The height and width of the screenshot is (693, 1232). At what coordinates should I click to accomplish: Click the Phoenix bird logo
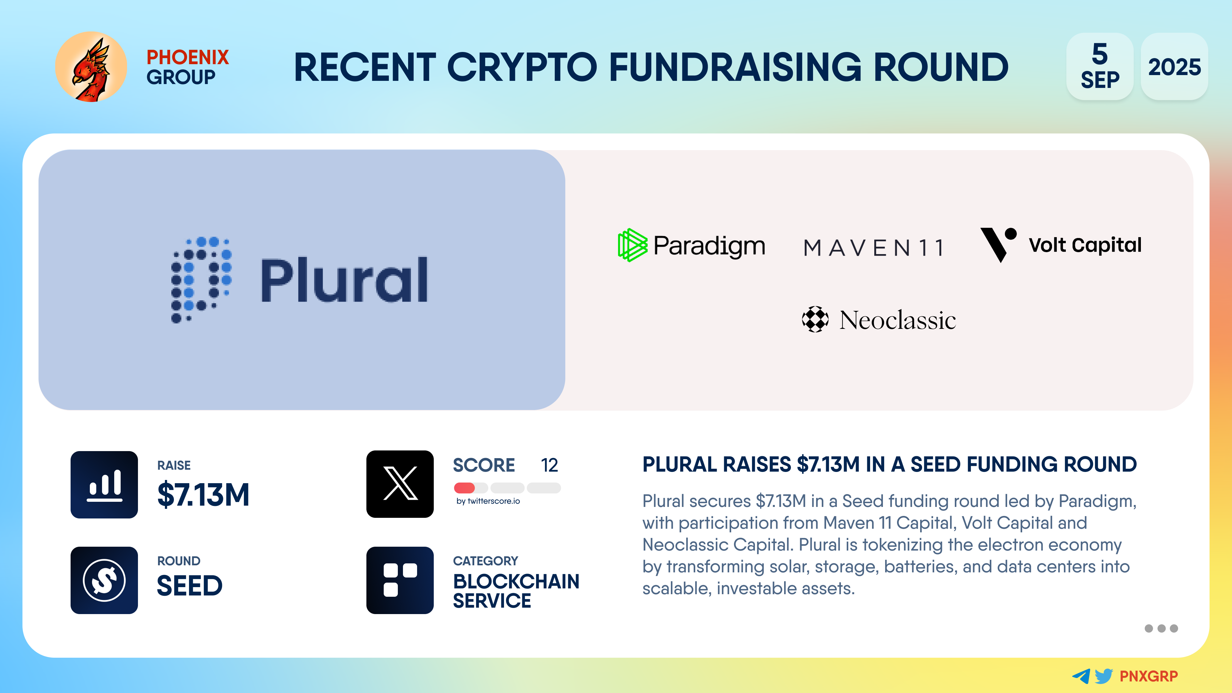91,67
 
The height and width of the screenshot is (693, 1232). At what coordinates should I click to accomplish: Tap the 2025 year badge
1174,66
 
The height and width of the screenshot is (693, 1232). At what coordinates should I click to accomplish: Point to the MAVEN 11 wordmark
874,248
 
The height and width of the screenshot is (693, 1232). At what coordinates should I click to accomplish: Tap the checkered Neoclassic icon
815,319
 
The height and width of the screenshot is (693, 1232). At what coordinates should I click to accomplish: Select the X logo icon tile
400,484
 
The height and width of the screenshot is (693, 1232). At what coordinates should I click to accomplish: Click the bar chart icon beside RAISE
104,484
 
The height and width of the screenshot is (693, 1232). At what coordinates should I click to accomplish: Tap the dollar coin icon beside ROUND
104,580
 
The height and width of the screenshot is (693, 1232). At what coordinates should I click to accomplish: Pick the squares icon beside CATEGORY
400,580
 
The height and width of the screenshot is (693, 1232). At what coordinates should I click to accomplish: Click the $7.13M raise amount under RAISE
203,494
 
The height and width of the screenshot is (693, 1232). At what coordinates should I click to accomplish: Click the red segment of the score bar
464,488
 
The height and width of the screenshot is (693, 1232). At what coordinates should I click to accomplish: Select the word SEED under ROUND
190,586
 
